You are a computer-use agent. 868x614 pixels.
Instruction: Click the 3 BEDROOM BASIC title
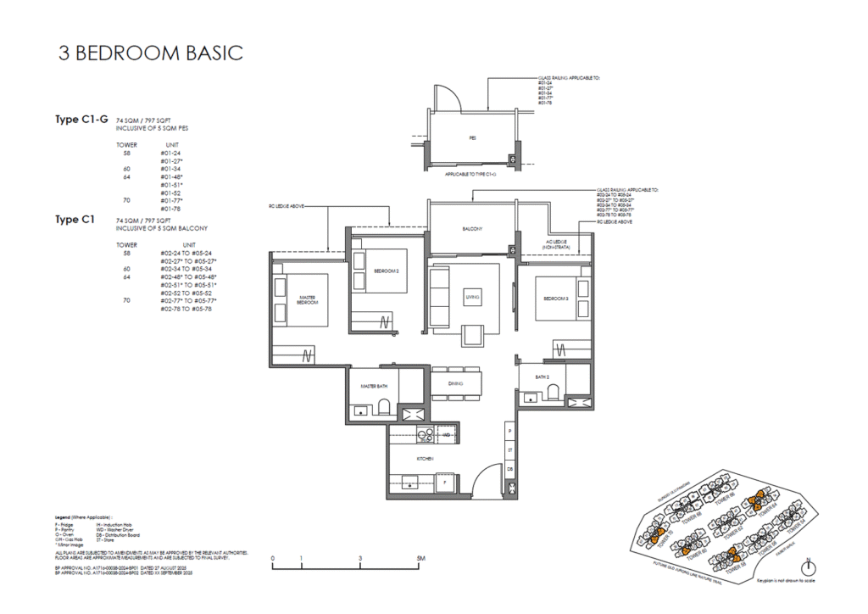point(151,53)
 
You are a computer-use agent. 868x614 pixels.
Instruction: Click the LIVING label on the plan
point(472,298)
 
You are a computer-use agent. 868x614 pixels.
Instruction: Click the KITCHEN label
point(426,458)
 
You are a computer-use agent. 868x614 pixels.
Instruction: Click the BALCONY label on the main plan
point(472,230)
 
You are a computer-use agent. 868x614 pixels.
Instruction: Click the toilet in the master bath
point(383,410)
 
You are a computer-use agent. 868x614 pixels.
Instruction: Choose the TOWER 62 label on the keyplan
point(734,533)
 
